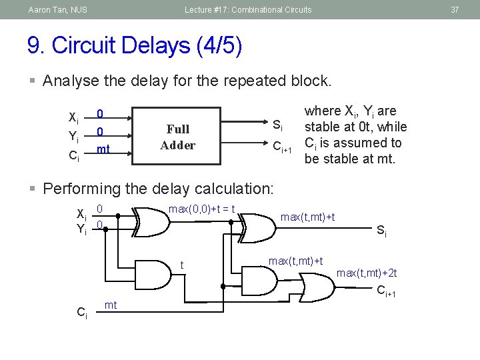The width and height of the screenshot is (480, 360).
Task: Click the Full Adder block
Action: coord(177,137)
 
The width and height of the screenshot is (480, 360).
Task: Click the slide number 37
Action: coord(455,9)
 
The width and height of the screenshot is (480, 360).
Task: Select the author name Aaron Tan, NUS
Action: coord(57,9)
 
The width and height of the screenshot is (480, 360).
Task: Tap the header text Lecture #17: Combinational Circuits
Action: coord(248,9)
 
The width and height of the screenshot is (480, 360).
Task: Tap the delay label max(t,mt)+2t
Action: coord(367,273)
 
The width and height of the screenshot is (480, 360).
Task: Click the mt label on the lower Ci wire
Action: coord(111,305)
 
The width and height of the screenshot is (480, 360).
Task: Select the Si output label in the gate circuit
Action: coord(381,231)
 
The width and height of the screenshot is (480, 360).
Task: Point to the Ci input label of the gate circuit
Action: coord(82,311)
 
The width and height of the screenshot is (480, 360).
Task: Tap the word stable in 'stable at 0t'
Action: coord(323,127)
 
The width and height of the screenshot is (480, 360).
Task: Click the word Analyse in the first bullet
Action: coord(69,81)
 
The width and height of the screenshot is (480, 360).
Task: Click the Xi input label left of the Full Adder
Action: coord(74,117)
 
